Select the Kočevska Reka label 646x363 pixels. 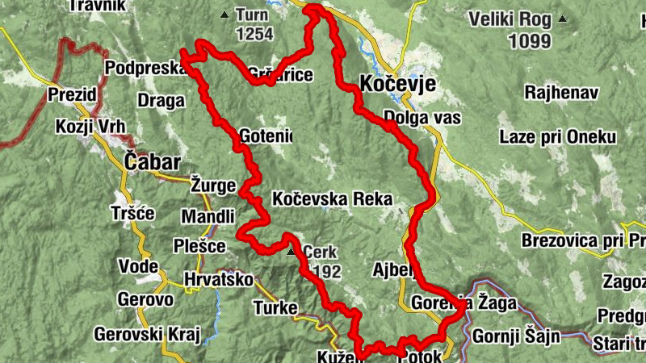pos(332,198)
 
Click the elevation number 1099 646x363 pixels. pos(530,40)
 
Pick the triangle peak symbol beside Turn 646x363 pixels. pos(224,15)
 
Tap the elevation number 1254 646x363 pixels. pos(254,34)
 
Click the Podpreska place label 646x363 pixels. pos(145,69)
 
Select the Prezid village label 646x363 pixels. pos(73,94)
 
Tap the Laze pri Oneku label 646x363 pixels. pos(557,137)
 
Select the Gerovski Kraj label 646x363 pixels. pos(145,333)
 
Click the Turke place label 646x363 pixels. pos(275,307)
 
